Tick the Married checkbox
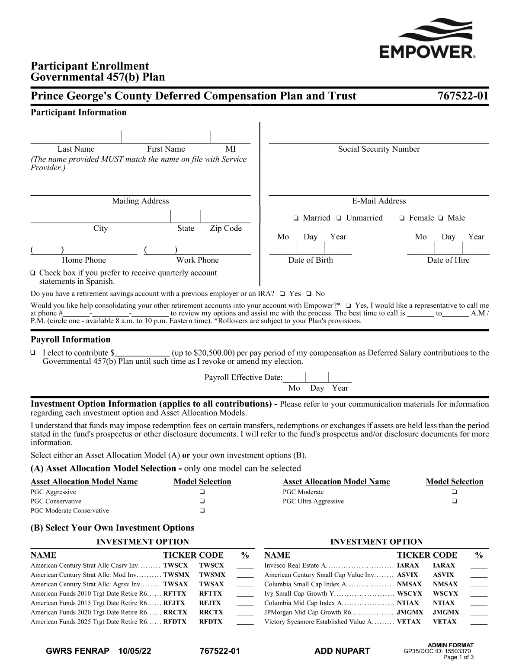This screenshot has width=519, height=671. click(296, 218)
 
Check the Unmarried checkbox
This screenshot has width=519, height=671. click(340, 218)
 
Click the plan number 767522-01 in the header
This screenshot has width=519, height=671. click(463, 96)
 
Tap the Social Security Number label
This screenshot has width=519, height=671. click(379, 149)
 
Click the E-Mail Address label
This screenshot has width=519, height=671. click(379, 201)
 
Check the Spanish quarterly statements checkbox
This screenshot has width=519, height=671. click(33, 273)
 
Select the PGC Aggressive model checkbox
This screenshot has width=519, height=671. click(202, 492)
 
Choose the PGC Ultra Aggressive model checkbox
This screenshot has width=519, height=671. click(454, 502)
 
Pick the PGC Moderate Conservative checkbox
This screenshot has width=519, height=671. click(202, 511)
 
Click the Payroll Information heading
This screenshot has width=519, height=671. click(70, 340)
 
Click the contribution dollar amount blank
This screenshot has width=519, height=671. click(142, 353)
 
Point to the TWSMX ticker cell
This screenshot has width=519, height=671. click(176, 575)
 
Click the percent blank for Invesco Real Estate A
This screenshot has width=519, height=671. click(479, 566)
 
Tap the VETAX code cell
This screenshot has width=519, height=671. click(445, 622)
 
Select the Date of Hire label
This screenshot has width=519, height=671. click(448, 260)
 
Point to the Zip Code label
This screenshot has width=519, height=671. click(226, 229)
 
